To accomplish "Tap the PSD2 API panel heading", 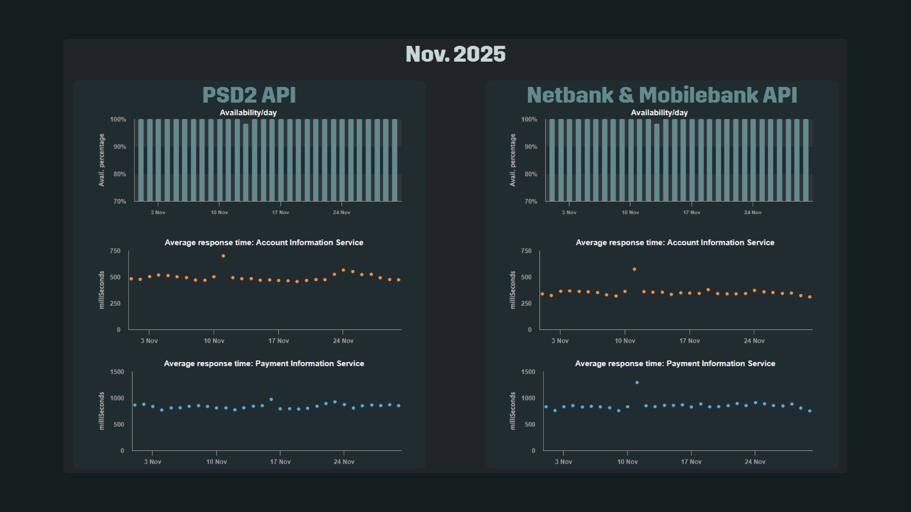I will [249, 95].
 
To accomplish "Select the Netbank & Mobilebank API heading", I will [662, 95].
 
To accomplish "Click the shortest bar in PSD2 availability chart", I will [246, 163].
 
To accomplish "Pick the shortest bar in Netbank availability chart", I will [657, 163].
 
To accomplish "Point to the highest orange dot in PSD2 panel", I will [223, 256].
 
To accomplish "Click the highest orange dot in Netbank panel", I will [634, 269].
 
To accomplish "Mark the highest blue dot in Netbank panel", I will [637, 382].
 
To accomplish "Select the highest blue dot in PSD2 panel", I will [271, 399].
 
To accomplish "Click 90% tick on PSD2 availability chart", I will [120, 147].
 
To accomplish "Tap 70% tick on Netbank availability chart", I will [530, 201].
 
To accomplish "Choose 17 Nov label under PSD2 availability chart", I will [280, 212].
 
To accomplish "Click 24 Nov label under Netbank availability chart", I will [753, 212].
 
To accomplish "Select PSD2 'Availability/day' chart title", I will [248, 113].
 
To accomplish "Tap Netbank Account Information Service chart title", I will [675, 242].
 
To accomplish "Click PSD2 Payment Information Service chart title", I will [264, 364].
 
